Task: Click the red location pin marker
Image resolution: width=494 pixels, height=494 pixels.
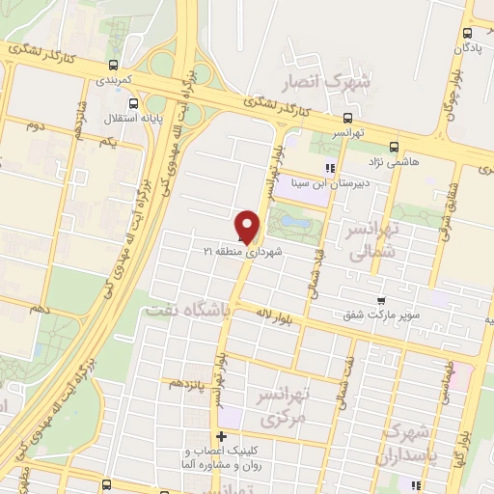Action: (x=249, y=225)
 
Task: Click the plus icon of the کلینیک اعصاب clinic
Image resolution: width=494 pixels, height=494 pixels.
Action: (x=221, y=436)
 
